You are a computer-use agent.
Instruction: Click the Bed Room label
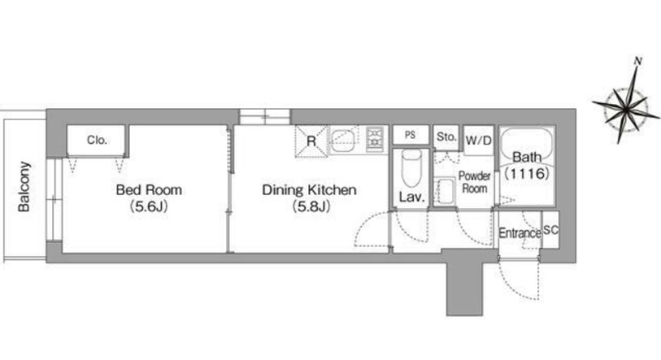(149, 190)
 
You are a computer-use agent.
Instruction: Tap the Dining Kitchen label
(309, 190)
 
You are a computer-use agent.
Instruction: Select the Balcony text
(24, 187)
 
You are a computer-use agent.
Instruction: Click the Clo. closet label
(97, 140)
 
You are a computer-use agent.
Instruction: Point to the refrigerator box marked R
(311, 141)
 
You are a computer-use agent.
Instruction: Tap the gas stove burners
(374, 139)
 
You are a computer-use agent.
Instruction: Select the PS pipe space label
(410, 135)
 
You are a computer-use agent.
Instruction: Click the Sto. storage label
(446, 137)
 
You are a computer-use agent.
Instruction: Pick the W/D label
(478, 140)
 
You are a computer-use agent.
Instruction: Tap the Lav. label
(411, 197)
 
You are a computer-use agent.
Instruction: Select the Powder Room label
(474, 182)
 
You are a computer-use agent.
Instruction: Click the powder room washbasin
(445, 192)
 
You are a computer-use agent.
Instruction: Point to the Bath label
(527, 158)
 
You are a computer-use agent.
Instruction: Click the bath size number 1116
(527, 173)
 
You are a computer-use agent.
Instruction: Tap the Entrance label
(520, 233)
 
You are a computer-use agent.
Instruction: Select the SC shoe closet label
(550, 230)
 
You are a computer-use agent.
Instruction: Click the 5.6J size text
(149, 206)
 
